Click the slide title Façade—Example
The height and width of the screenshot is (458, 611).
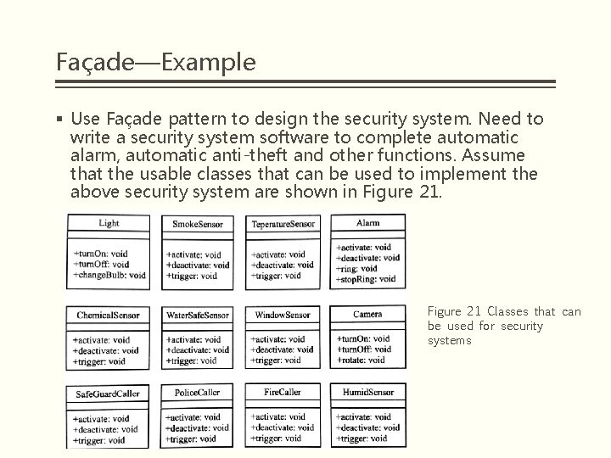154,62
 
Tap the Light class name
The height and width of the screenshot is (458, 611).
109,223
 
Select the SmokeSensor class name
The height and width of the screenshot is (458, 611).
198,224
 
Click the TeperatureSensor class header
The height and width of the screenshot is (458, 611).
283,224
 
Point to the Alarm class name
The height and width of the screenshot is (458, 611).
367,223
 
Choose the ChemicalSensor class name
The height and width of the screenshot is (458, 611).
108,315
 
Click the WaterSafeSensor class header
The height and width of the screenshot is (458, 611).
198,315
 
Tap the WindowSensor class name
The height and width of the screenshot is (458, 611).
283,315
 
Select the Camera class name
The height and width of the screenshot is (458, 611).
367,315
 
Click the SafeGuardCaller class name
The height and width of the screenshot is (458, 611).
108,394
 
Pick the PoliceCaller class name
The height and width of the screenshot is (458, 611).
197,393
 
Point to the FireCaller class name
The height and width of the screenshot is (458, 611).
283,393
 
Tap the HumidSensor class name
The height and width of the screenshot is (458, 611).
367,393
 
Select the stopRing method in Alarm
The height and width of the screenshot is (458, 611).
366,278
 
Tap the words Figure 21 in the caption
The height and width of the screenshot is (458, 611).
455,312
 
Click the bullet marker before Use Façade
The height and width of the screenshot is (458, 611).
61,120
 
